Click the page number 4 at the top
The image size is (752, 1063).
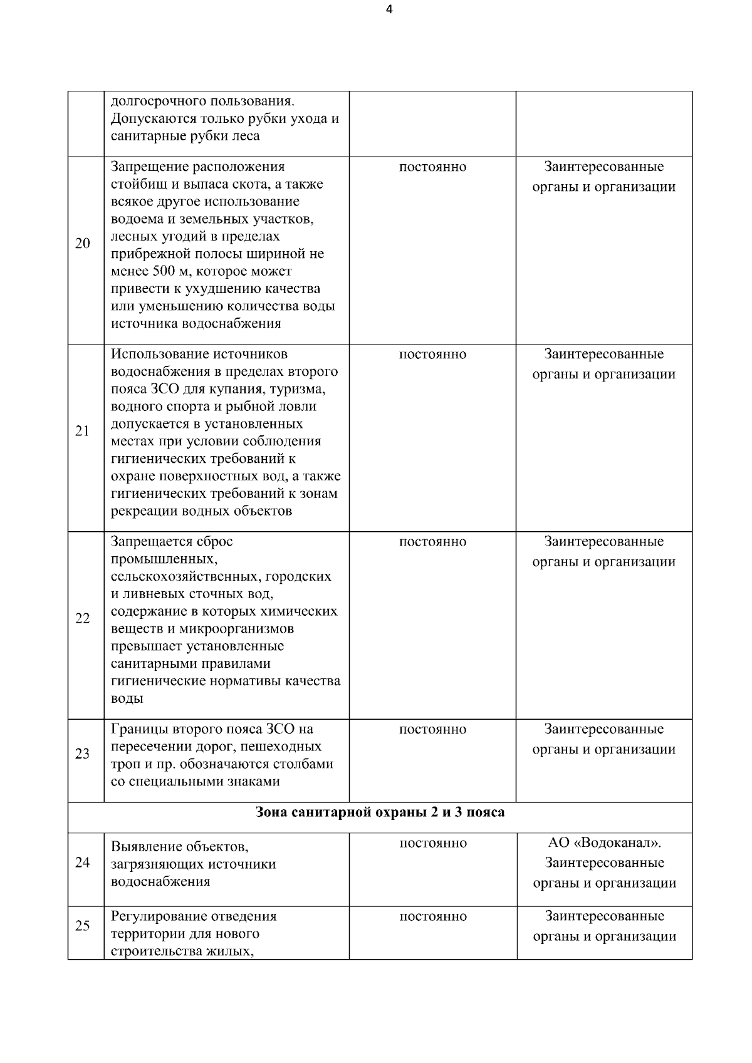click(389, 9)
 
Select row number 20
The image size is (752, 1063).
click(83, 244)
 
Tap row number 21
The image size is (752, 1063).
click(83, 431)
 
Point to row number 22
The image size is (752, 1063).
click(83, 618)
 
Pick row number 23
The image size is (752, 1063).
click(83, 754)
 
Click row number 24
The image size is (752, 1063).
click(83, 863)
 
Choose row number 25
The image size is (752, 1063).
click(83, 925)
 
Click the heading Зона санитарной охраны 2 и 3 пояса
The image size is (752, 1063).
click(380, 812)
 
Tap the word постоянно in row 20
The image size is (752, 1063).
click(432, 167)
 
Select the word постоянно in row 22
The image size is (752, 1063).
click(432, 542)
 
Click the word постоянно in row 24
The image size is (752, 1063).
click(432, 843)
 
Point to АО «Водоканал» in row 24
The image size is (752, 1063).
click(604, 843)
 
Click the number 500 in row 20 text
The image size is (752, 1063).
click(165, 271)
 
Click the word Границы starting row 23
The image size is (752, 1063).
click(140, 729)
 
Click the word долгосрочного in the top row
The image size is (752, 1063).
click(159, 101)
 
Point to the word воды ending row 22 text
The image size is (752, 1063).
click(127, 698)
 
